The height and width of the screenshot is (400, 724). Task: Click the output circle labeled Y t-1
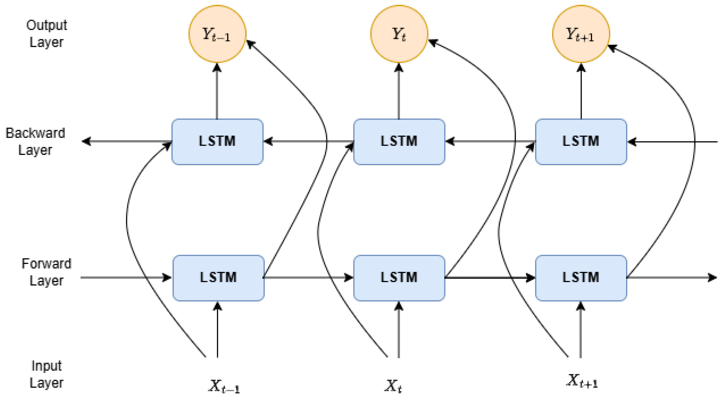pos(217,34)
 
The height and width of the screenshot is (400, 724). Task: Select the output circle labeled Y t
pos(399,34)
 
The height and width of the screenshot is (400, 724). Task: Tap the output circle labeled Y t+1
pos(581,34)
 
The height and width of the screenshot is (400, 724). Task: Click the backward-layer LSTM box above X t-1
pos(217,141)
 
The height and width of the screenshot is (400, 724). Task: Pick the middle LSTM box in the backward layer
pos(399,141)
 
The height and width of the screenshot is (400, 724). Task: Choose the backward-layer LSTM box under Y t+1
pos(581,141)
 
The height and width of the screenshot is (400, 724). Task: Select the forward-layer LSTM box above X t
pos(399,278)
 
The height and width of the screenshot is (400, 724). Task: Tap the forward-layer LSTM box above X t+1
pos(581,278)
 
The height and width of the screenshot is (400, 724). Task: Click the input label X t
pos(393,386)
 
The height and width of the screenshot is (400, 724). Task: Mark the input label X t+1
pos(581,381)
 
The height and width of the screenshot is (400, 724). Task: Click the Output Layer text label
pos(46,34)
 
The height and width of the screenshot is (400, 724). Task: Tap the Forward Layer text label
pos(46,272)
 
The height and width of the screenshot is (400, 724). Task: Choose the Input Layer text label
pos(46,374)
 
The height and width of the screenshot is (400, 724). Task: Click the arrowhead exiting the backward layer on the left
pos(86,141)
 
